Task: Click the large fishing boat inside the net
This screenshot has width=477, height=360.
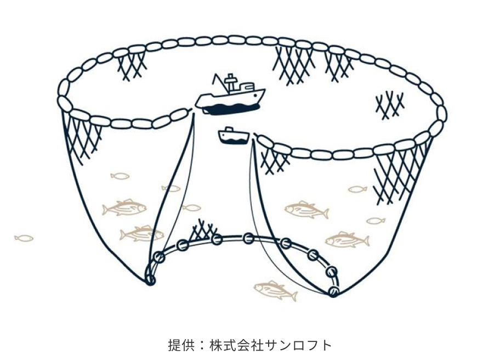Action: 230,97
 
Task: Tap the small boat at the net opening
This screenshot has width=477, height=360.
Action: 234,137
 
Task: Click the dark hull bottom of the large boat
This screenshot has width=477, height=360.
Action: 231,109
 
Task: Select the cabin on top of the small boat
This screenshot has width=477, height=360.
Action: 228,130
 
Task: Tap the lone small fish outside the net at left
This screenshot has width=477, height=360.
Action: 24,238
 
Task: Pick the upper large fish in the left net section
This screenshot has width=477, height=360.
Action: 124,208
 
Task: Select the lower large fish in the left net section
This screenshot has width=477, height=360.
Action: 142,234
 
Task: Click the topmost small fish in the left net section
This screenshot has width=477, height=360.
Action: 120,176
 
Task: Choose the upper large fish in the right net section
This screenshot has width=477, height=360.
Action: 306,210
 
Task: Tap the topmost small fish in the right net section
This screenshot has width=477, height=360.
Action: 357,189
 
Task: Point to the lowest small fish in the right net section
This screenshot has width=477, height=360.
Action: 376,221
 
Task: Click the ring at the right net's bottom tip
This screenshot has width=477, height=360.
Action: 333,292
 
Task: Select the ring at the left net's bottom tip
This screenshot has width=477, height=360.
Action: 150,279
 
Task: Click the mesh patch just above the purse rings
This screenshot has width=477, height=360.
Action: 203,230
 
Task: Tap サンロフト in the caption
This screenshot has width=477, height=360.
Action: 298,345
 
